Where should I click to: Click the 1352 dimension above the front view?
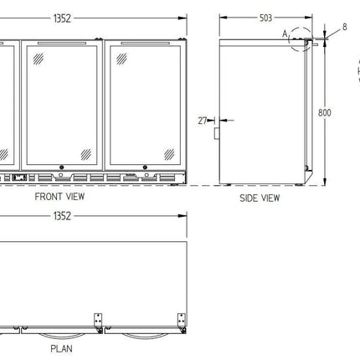(x=62, y=18)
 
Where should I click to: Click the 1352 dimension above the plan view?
(x=62, y=216)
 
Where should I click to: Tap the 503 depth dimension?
(x=265, y=18)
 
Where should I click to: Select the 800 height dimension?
(x=325, y=113)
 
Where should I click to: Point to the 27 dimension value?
(x=203, y=121)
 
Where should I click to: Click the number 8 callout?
(x=345, y=27)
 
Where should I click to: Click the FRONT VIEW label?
(x=59, y=197)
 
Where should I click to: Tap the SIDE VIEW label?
(x=260, y=198)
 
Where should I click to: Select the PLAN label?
(x=61, y=348)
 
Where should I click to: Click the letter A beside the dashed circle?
(x=285, y=34)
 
